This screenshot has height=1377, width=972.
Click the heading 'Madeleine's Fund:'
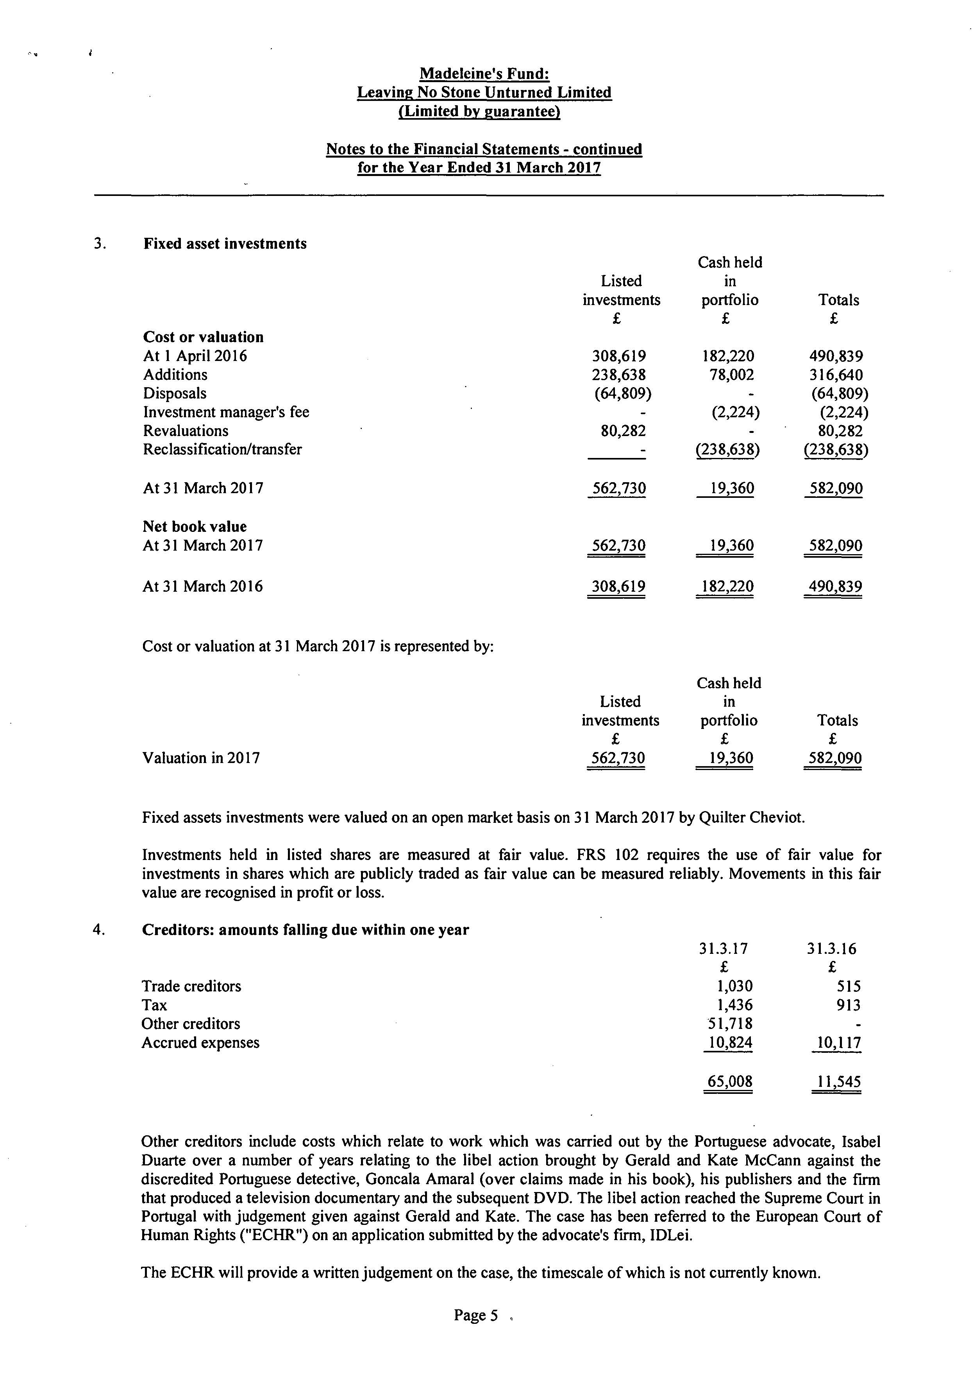pyautogui.click(x=484, y=74)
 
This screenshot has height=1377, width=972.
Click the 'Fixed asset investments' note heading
pyautogui.click(x=225, y=244)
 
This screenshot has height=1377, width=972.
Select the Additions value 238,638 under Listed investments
pyautogui.click(x=619, y=375)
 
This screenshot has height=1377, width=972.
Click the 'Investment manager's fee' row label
pyautogui.click(x=226, y=412)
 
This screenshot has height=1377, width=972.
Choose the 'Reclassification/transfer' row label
pyautogui.click(x=222, y=449)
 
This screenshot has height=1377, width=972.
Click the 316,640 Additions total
pyautogui.click(x=836, y=375)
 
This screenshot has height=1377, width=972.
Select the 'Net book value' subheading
pyautogui.click(x=195, y=526)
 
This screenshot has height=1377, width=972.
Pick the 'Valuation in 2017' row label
pyautogui.click(x=201, y=758)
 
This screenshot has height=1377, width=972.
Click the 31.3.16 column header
pyautogui.click(x=831, y=948)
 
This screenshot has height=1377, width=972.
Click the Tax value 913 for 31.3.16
pyautogui.click(x=848, y=1005)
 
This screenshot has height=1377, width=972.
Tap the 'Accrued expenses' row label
pyautogui.click(x=200, y=1042)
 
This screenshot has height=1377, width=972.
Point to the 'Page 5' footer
pyautogui.click(x=476, y=1315)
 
